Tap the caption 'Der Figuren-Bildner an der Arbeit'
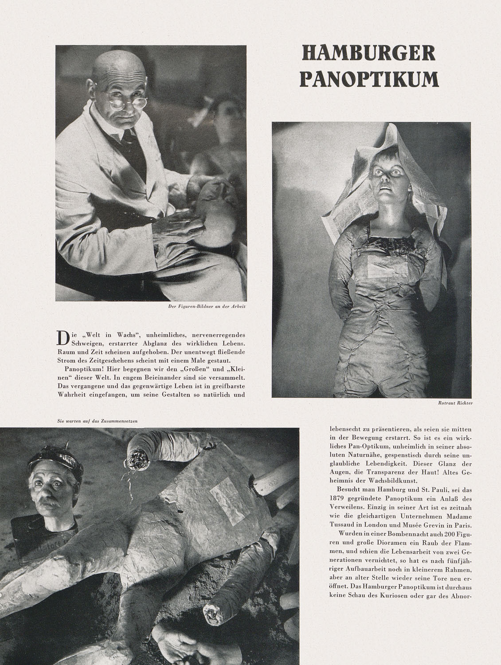pos(212,306)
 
